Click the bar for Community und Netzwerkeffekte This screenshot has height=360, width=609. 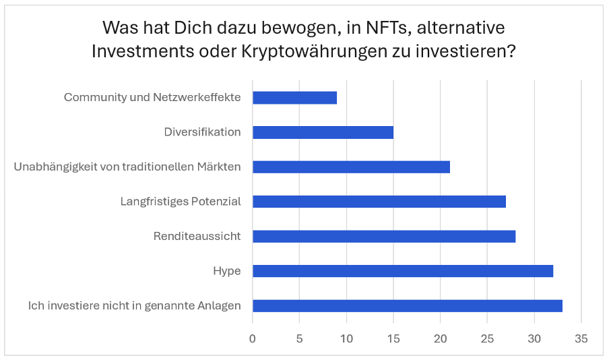click(294, 98)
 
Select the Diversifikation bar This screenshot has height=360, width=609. click(323, 132)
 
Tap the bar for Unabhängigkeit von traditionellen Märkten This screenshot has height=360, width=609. click(351, 167)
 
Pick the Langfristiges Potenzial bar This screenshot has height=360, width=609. click(379, 202)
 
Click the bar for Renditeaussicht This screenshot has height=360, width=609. click(384, 236)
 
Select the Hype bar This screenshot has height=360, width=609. click(403, 271)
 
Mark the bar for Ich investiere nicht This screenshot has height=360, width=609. click(407, 306)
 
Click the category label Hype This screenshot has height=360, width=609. click(227, 271)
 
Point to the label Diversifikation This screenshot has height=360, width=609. click(202, 132)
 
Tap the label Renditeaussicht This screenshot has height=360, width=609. click(197, 236)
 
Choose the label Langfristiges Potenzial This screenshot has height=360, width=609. click(181, 202)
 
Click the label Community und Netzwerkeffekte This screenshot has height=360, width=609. click(152, 98)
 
